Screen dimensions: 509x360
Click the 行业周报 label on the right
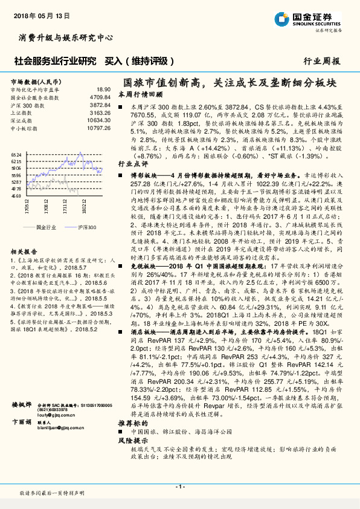pos(321,61)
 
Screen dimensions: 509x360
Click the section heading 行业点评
pos(132,163)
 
